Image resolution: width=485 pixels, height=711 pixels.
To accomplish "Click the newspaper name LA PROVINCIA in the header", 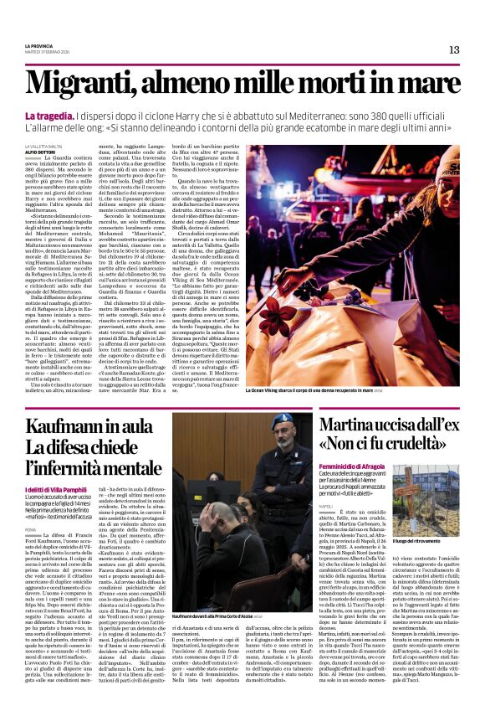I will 39,46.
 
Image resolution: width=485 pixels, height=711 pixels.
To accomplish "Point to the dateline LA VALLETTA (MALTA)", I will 43,146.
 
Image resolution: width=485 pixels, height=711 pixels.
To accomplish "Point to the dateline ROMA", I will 30,530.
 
